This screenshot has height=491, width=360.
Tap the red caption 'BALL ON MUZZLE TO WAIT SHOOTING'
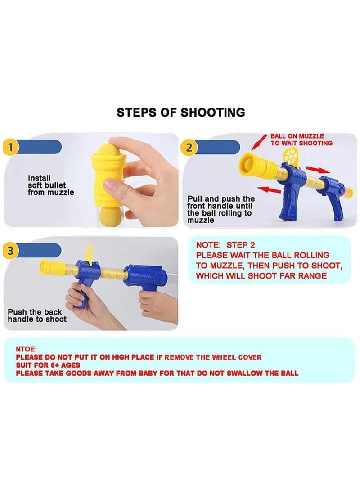click(x=301, y=140)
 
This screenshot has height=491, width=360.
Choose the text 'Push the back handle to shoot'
click(x=37, y=315)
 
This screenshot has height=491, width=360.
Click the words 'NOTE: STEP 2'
click(x=225, y=245)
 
